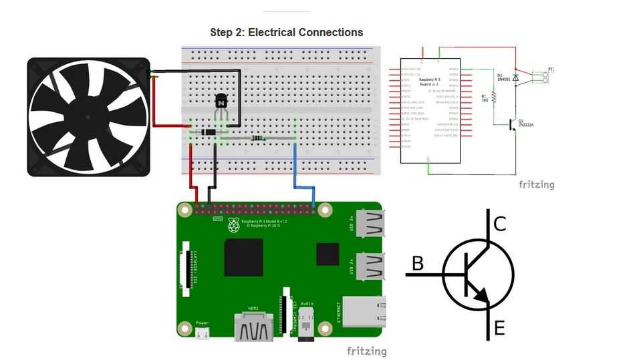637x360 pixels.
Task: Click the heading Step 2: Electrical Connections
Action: click(286, 32)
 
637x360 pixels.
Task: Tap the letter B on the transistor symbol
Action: click(418, 263)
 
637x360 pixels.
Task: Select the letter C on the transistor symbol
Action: click(499, 223)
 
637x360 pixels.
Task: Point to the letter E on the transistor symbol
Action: click(499, 328)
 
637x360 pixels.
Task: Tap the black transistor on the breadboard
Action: click(221, 102)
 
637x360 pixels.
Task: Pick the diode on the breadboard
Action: click(209, 132)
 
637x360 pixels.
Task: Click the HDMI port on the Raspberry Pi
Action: click(254, 327)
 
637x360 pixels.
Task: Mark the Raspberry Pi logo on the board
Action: click(233, 225)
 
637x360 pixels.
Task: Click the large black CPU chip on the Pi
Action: click(243, 257)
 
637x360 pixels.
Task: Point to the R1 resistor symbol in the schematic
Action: click(494, 98)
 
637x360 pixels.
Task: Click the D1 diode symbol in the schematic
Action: click(515, 77)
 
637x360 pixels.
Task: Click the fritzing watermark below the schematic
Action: click(536, 184)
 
